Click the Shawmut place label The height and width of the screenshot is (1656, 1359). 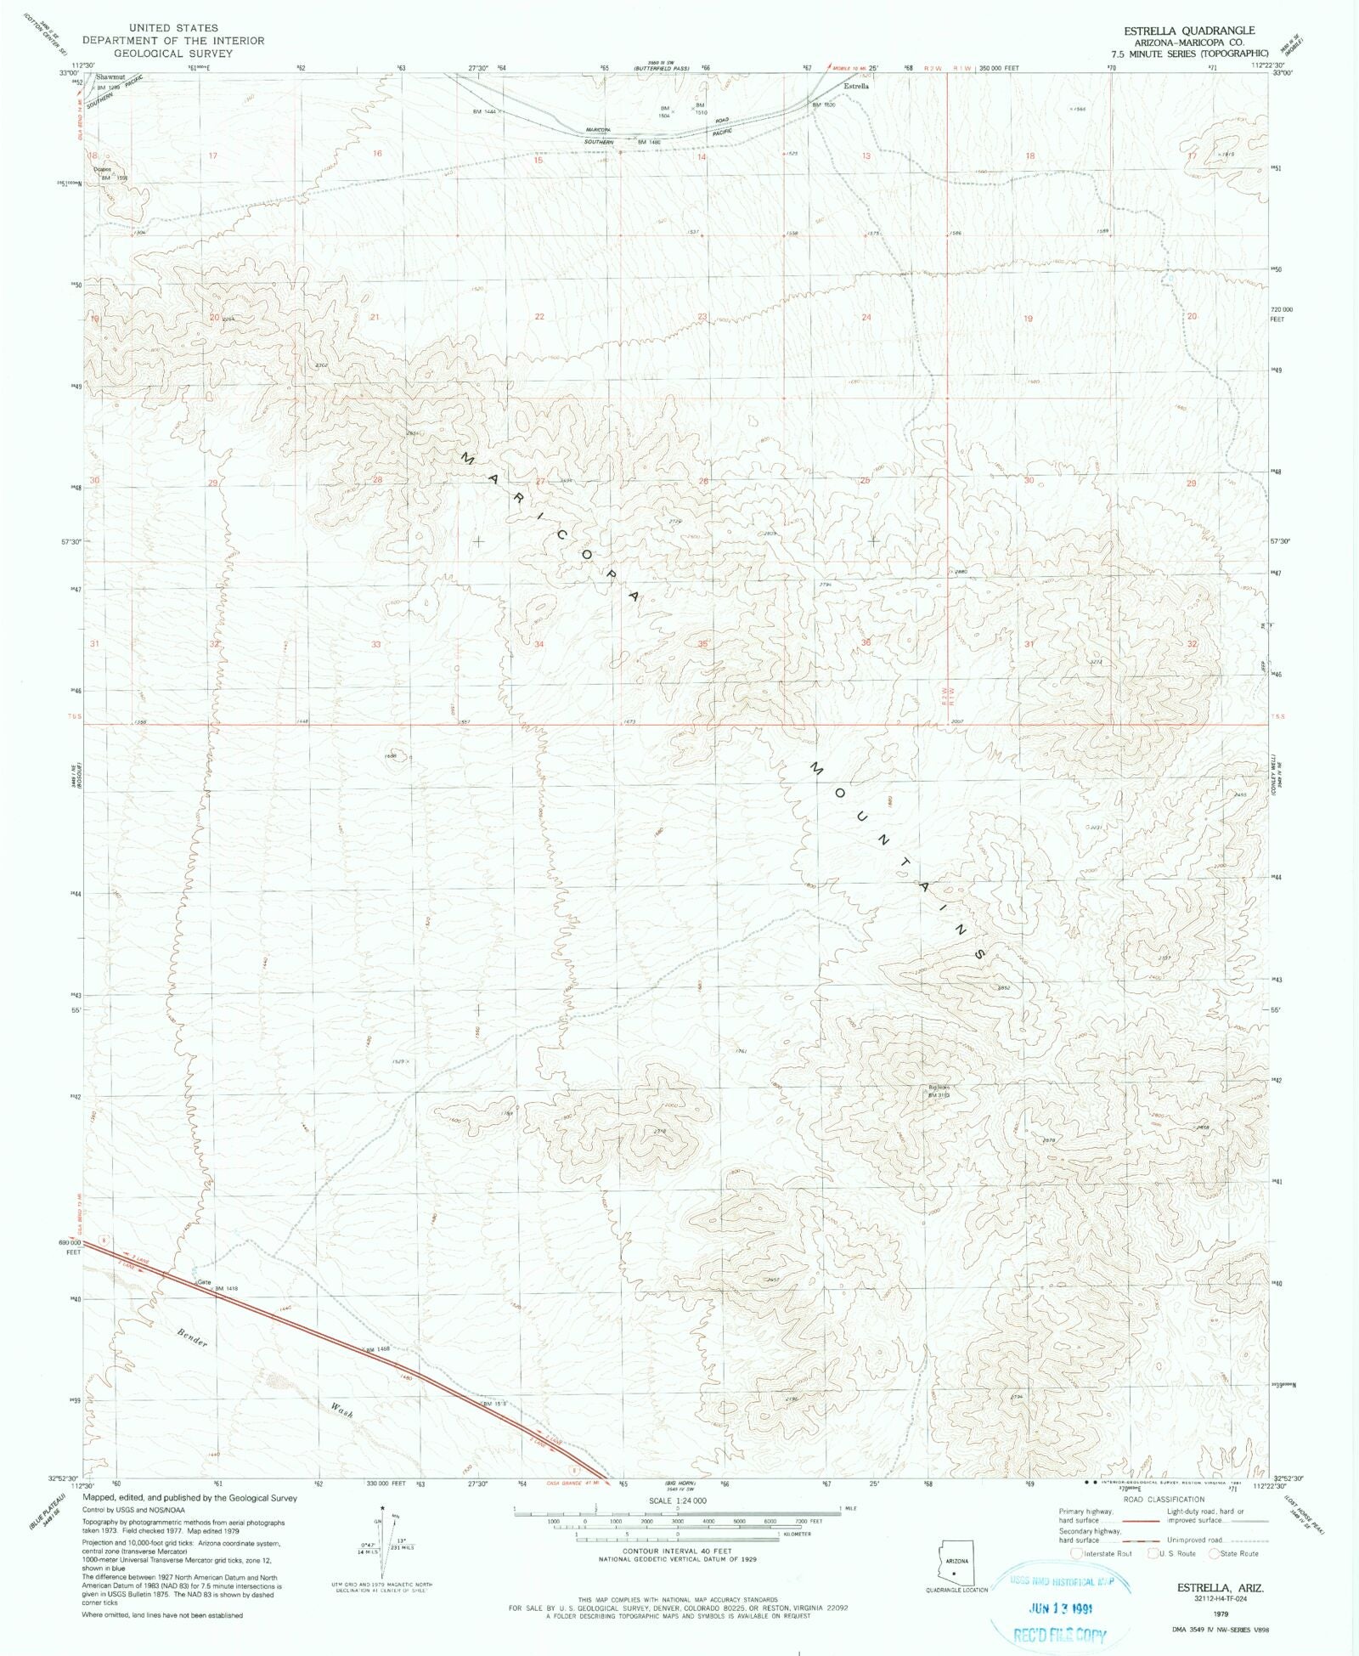[110, 77]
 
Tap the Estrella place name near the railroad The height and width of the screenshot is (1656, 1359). [855, 86]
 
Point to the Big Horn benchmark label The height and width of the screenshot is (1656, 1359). [939, 1087]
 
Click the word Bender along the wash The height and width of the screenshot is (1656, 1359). [193, 1338]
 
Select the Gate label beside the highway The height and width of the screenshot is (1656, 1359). [204, 1282]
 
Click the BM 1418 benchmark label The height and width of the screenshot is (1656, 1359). [225, 1288]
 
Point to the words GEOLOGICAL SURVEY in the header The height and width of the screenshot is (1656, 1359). [173, 54]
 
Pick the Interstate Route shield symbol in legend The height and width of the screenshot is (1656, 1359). [1076, 1553]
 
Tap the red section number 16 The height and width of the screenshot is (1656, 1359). [377, 154]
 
